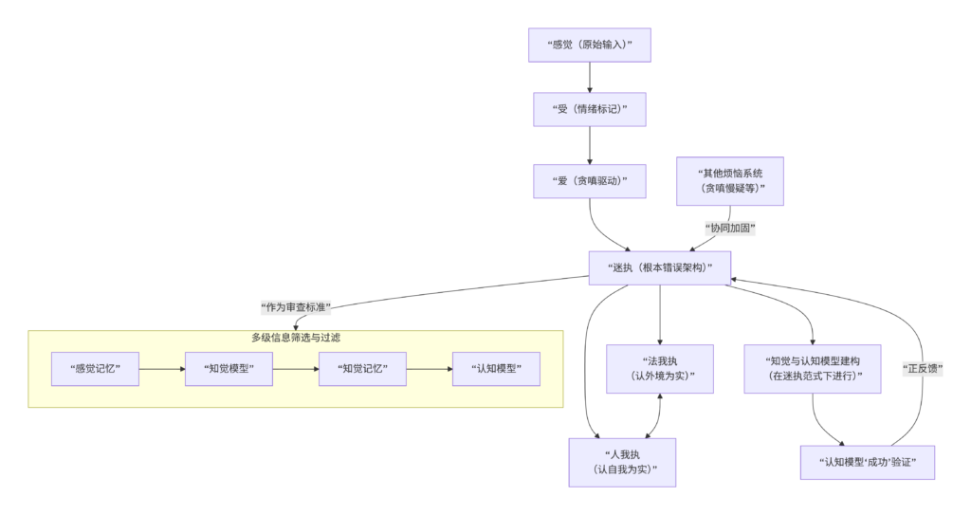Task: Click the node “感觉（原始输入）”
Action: [x=590, y=45]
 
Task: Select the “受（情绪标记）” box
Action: [x=590, y=109]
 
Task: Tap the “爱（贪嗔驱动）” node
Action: [x=590, y=180]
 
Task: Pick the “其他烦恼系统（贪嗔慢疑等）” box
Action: [x=730, y=180]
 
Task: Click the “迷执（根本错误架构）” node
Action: [x=660, y=267]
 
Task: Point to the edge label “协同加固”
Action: [x=732, y=229]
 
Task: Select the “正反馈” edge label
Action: [x=923, y=368]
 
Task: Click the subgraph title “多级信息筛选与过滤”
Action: [x=295, y=338]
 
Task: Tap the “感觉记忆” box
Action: [x=95, y=368]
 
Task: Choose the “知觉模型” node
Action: [x=229, y=368]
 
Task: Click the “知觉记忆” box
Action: [x=362, y=368]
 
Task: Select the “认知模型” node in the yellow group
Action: [x=496, y=368]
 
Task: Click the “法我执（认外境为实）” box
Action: [x=660, y=368]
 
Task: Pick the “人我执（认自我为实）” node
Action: [x=622, y=462]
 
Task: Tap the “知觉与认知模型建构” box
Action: [x=813, y=368]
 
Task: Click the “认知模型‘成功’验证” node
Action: [x=868, y=462]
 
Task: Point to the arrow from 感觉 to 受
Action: [x=590, y=77]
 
